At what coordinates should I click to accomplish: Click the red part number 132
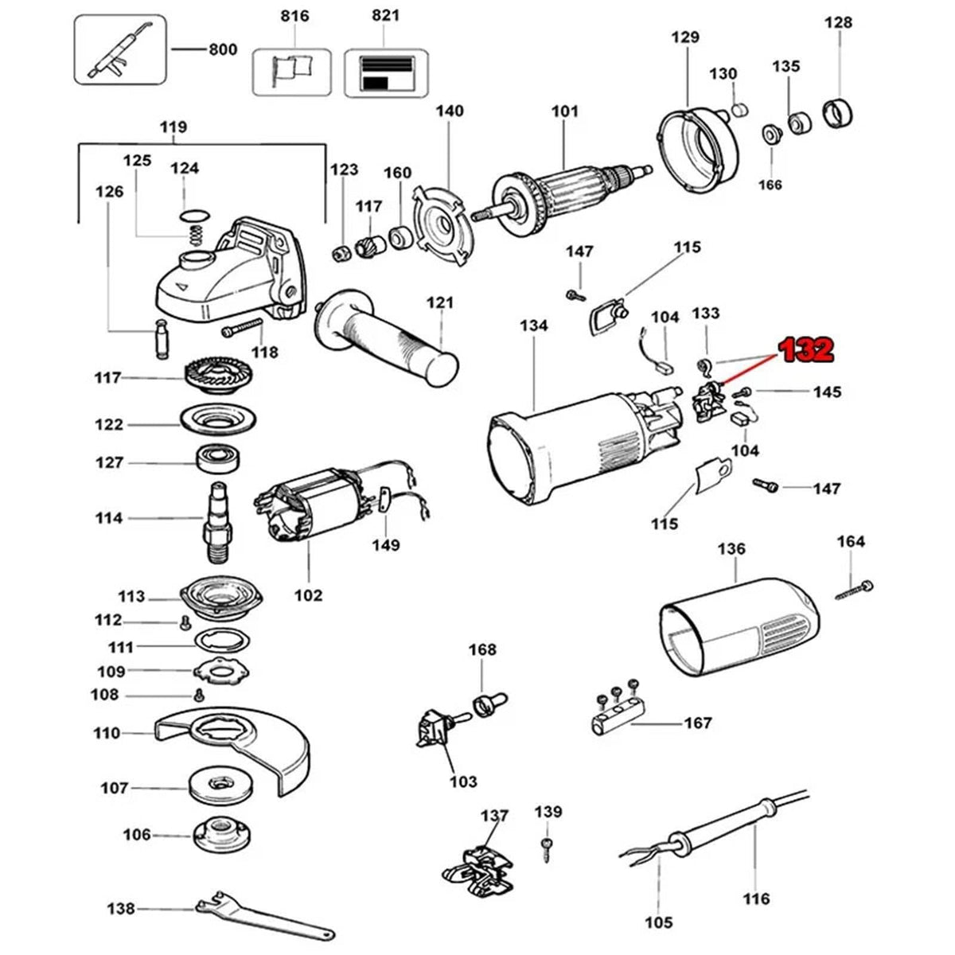(x=806, y=350)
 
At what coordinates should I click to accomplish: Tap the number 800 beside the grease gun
(x=223, y=49)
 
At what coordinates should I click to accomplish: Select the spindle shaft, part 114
(x=216, y=522)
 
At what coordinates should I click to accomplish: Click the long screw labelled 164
(x=854, y=591)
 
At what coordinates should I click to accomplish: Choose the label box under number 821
(x=386, y=73)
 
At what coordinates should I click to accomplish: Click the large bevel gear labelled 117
(x=218, y=379)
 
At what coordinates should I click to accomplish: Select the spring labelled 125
(x=197, y=235)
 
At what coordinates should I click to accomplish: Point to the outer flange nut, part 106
(x=219, y=836)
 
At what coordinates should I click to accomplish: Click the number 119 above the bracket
(x=173, y=127)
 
